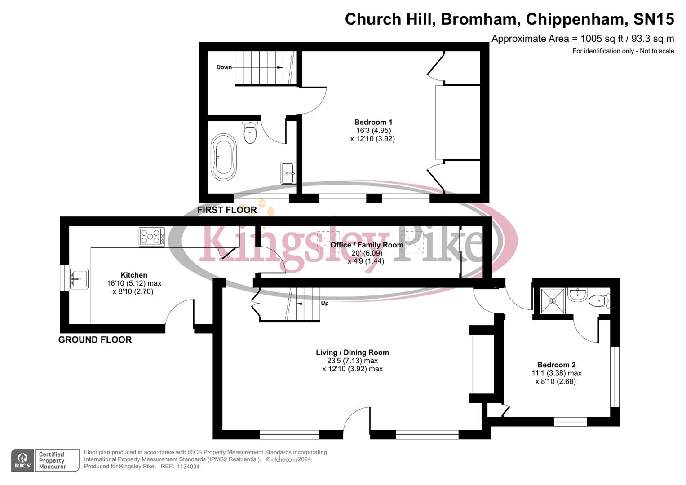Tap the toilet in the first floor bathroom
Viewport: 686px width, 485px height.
coord(250,132)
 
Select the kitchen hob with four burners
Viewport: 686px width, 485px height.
coord(151,237)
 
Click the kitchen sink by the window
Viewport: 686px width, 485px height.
coord(79,278)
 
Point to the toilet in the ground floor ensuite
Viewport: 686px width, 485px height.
coord(599,300)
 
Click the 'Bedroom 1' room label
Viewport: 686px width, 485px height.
coord(373,122)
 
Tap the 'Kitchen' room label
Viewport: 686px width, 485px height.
coord(134,275)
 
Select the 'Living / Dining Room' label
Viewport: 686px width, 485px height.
coord(352,353)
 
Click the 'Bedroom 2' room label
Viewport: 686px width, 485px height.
coord(556,365)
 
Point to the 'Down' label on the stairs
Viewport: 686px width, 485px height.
coord(224,67)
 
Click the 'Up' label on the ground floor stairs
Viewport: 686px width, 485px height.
coord(324,304)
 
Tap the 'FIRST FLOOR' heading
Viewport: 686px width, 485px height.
coord(227,210)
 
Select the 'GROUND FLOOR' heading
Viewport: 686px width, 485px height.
coord(95,339)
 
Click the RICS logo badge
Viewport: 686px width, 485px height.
coord(22,460)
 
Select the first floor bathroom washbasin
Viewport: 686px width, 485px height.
coord(288,173)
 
